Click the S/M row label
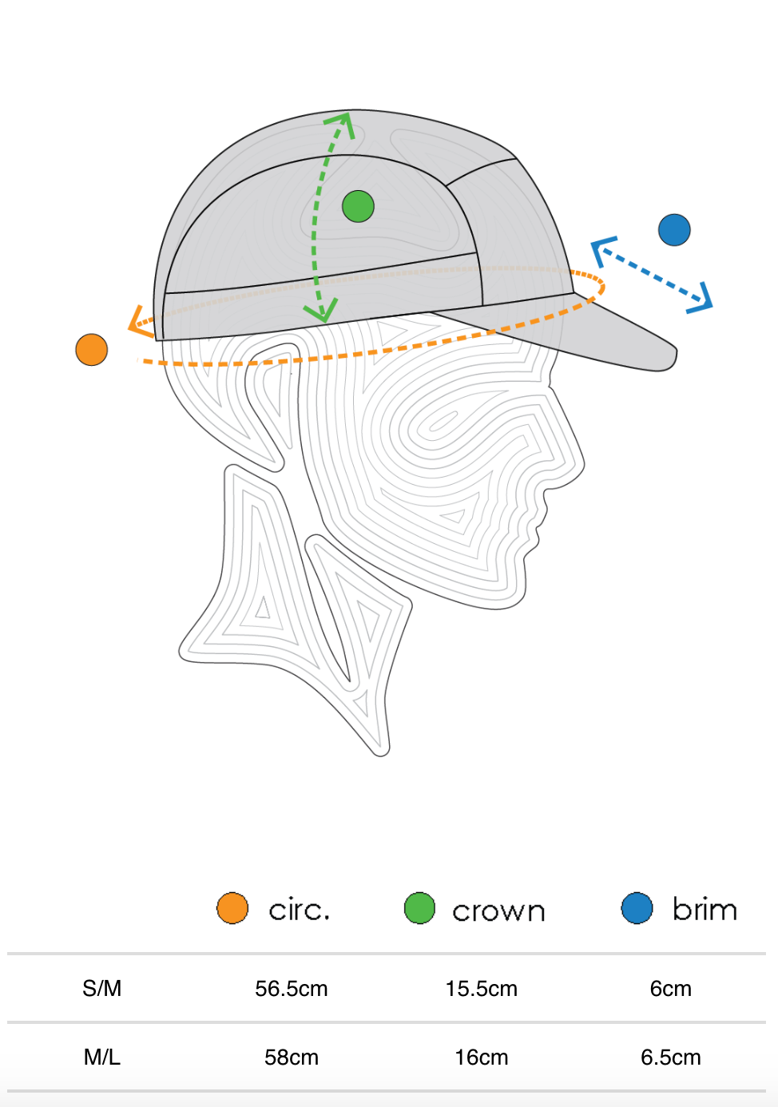102,989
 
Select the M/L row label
102,1057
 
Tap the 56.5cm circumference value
292,989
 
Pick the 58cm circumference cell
292,1057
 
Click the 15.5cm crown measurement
481,989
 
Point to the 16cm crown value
481,1057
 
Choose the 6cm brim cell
670,989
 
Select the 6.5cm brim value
670,1057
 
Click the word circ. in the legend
300,910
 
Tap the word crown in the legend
498,911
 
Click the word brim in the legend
705,909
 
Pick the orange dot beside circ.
232,908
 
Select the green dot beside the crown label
419,908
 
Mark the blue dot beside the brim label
637,908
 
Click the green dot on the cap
358,206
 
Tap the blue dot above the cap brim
674,230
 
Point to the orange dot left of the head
92,350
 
